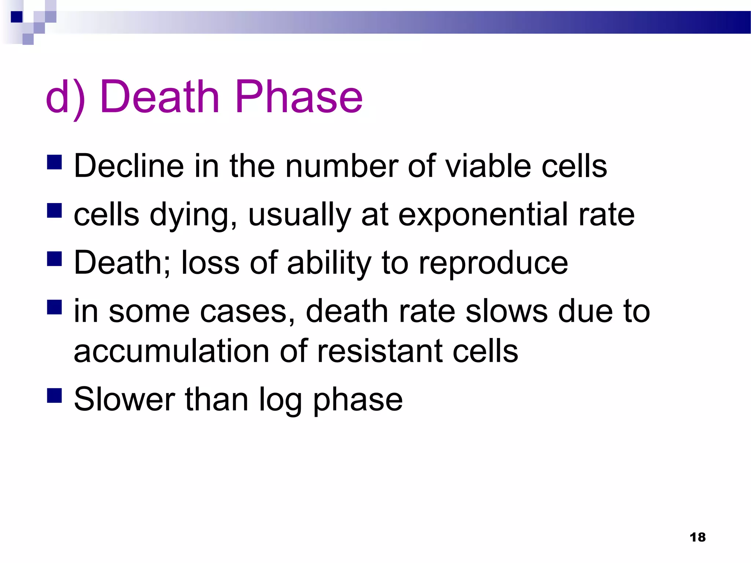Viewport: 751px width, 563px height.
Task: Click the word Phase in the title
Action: pyautogui.click(x=299, y=97)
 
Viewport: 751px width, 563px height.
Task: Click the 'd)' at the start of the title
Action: pyautogui.click(x=65, y=97)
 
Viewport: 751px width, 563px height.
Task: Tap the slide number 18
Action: pyautogui.click(x=697, y=537)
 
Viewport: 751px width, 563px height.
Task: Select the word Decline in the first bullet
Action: pyautogui.click(x=129, y=166)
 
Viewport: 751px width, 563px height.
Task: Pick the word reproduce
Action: pyautogui.click(x=493, y=263)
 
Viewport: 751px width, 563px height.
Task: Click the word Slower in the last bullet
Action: pyautogui.click(x=124, y=400)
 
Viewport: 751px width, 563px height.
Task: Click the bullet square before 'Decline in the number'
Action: pyautogui.click(x=54, y=162)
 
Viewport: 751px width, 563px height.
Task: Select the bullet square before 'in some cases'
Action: pyautogui.click(x=54, y=307)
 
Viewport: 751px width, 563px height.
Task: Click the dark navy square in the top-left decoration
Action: pyautogui.click(x=17, y=17)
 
